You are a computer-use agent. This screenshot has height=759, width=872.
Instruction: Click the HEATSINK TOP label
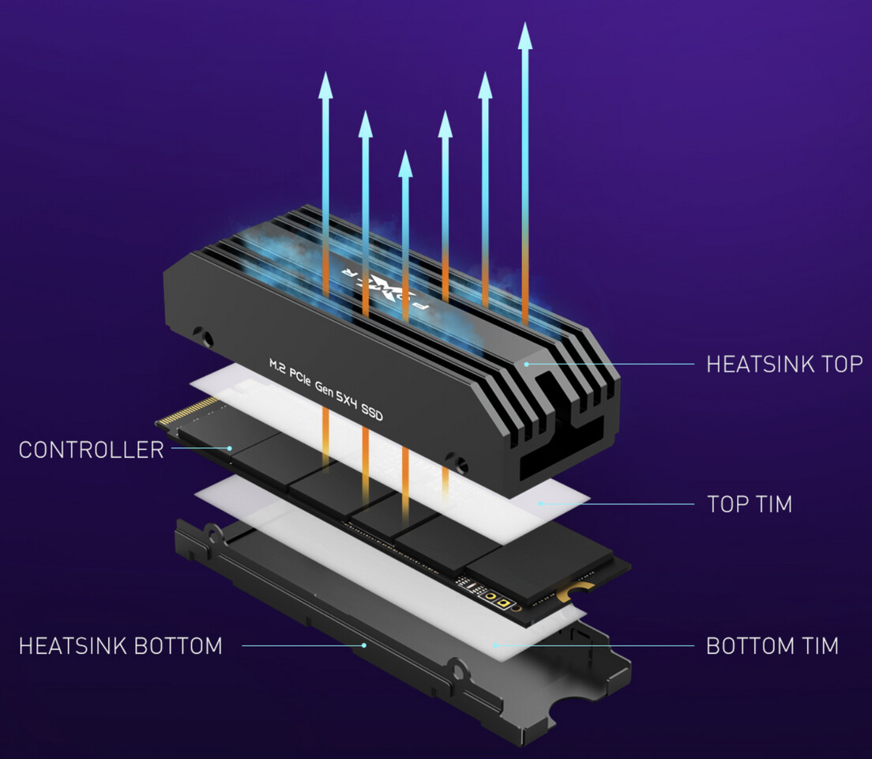[784, 364]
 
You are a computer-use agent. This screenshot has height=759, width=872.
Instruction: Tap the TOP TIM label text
[749, 504]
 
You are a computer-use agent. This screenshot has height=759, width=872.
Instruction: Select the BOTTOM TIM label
[772, 645]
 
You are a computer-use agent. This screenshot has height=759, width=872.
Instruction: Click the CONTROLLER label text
[91, 450]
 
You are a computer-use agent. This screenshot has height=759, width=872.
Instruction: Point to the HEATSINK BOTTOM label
[120, 645]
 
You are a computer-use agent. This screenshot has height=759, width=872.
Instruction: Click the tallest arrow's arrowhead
[525, 36]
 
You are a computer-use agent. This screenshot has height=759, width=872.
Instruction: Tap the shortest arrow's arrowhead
[405, 164]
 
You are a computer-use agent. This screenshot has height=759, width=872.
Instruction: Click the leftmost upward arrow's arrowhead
[325, 85]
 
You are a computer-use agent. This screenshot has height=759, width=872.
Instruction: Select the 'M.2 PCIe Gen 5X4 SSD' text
[325, 388]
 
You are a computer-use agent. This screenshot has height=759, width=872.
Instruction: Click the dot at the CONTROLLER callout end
[229, 448]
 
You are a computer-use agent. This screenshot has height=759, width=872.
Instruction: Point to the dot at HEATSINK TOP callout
[527, 364]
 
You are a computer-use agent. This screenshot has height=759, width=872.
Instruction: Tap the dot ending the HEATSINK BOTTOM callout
[364, 645]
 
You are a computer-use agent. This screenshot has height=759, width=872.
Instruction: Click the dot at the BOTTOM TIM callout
[494, 645]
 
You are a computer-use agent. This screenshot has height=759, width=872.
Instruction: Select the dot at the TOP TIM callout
[540, 503]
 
